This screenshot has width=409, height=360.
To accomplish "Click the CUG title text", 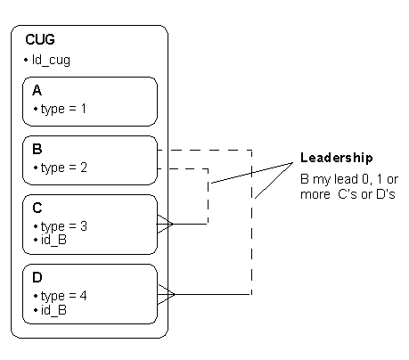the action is (40, 39).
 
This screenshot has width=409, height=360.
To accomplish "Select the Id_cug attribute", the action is (51, 60).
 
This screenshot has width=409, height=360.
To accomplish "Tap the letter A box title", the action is (37, 90).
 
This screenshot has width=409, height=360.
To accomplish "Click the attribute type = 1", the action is (63, 109).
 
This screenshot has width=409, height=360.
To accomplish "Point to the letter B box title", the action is (37, 149).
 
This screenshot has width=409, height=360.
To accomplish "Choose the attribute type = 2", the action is (64, 168).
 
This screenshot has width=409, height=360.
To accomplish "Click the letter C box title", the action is (37, 208).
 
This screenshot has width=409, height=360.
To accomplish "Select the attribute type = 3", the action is (64, 226).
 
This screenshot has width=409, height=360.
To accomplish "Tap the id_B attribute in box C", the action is (53, 240).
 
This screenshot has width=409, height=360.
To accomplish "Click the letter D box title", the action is (37, 277).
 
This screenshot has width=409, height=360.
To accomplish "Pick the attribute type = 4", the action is (64, 296).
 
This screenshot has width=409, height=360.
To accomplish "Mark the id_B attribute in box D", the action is (53, 310).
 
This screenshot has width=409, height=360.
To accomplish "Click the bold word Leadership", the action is (337, 158).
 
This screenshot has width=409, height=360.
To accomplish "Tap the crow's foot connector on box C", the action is (165, 224).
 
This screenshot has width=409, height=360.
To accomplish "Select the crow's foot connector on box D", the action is (167, 294).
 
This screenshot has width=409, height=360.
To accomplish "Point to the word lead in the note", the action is (346, 179).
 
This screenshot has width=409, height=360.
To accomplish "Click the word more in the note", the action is (315, 195).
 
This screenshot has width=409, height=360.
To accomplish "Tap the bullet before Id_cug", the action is (26, 61).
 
